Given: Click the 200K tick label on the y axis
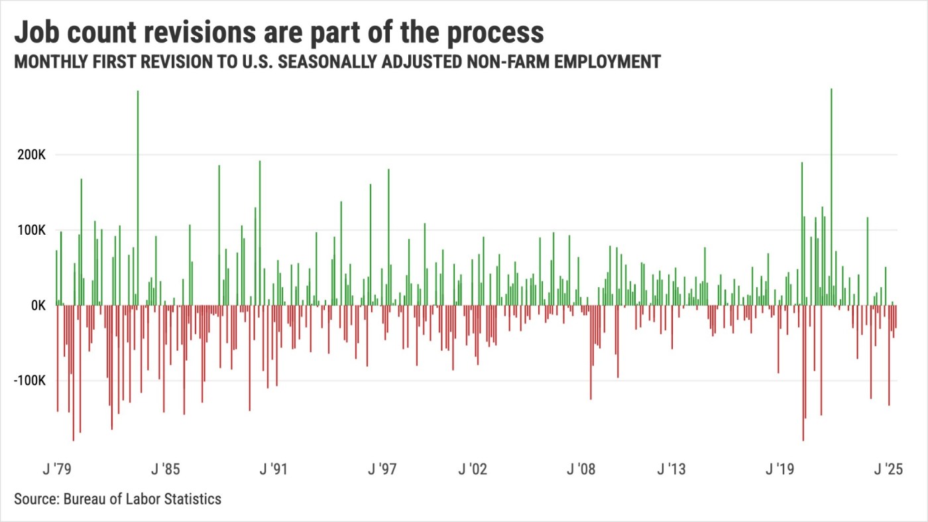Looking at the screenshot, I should (31, 155).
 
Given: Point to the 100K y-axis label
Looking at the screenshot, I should (31, 230).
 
